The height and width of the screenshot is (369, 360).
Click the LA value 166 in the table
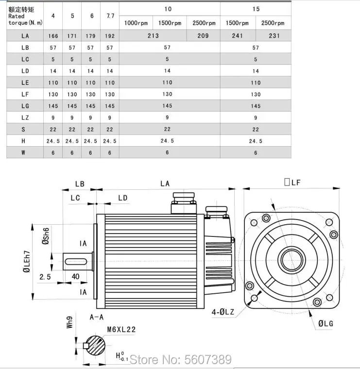[53, 36]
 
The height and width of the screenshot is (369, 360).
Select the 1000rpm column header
[136, 23]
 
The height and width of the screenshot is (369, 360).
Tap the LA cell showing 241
[237, 35]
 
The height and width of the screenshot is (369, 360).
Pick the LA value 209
[203, 35]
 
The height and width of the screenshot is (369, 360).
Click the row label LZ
[25, 117]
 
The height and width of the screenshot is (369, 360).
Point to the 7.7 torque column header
[110, 16]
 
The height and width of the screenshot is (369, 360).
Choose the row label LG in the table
[25, 106]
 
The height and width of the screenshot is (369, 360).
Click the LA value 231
[274, 35]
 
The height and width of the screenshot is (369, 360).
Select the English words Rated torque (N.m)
[25, 19]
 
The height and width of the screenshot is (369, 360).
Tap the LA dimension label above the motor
[165, 184]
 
